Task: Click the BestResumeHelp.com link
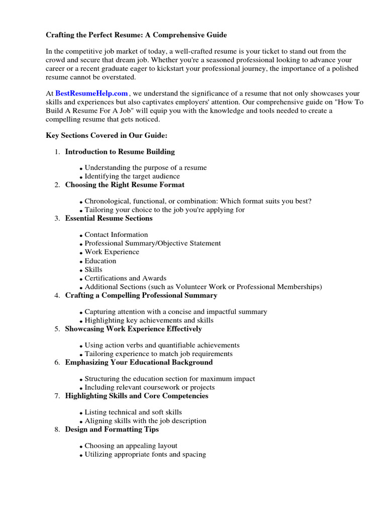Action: point(91,94)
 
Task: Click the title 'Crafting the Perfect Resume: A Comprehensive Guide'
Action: point(136,35)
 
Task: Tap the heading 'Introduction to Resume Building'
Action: point(120,151)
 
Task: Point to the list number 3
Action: point(57,219)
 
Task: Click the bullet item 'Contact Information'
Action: point(116,234)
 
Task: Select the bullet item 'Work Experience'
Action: point(112,252)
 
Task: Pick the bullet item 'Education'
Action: point(100,261)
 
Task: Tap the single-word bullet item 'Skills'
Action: point(93,270)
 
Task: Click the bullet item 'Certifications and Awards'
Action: point(125,278)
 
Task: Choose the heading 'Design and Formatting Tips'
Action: point(112,430)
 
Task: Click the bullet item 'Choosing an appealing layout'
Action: point(131,446)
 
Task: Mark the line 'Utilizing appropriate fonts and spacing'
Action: point(145,455)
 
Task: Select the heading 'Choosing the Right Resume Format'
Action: point(125,185)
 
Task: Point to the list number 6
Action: point(57,363)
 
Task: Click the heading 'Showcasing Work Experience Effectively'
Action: point(133,329)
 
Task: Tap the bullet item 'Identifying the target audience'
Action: point(132,177)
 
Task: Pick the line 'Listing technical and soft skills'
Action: point(133,412)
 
